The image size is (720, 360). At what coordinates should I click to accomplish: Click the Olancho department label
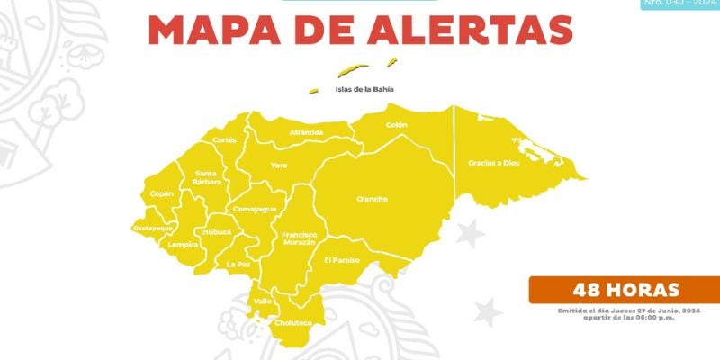pos(372,199)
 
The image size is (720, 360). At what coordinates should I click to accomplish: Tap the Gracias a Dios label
pos(494,163)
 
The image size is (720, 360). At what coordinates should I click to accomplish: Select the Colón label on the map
pos(397,125)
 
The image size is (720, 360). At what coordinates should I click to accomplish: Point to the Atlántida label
pos(306,132)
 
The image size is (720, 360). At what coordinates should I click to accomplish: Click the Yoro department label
pos(279,166)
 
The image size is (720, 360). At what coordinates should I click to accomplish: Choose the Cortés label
pos(225,140)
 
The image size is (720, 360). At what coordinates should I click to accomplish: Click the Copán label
pos(162,193)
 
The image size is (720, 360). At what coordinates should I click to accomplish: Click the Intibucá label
pos(216,231)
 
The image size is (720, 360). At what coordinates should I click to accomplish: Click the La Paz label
pos(238,265)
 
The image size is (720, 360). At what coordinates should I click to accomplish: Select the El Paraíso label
pos(342,260)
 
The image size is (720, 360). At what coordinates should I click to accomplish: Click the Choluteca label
pos(293,322)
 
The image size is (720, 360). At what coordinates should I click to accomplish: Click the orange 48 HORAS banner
pos(624,290)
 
